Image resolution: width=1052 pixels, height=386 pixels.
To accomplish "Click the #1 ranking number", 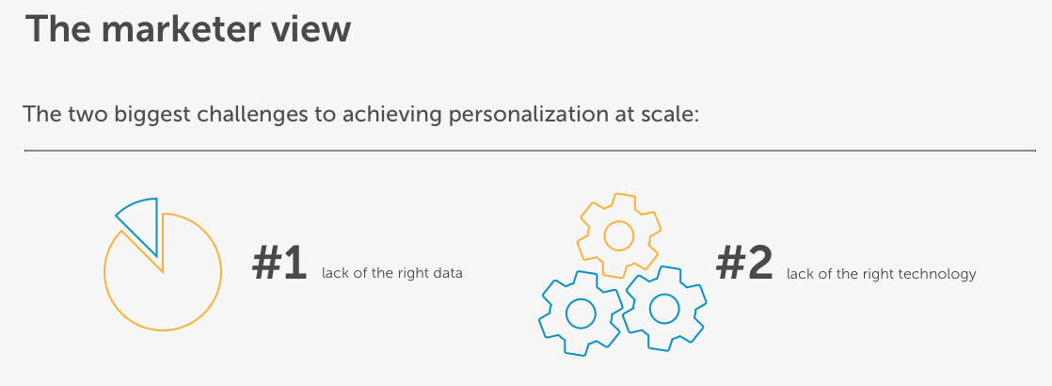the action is click(279, 265).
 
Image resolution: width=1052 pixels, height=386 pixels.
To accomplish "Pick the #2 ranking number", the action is click(744, 264).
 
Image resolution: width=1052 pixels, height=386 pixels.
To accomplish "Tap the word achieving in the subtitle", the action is click(391, 114).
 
